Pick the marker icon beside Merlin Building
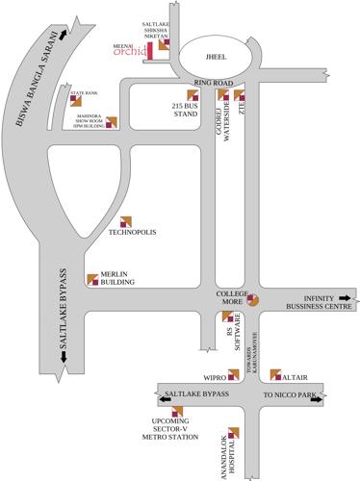point(92,279)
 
